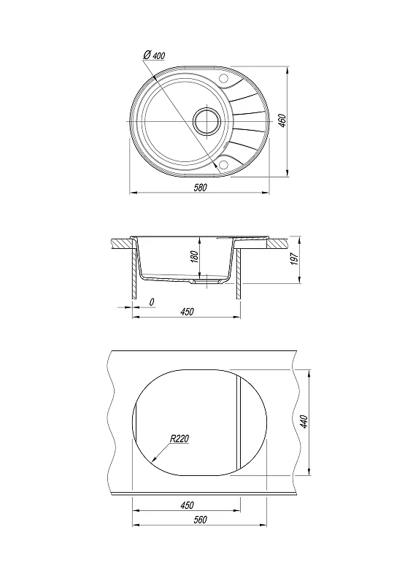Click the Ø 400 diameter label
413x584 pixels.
point(154,55)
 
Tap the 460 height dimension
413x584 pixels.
point(282,121)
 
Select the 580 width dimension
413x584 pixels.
point(200,188)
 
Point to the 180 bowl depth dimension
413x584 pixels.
point(195,258)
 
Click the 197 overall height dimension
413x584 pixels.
point(295,259)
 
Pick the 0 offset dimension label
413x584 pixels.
point(152,302)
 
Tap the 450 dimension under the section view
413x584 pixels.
point(187,312)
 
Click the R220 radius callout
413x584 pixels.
point(180,439)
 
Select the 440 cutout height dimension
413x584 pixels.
point(304,422)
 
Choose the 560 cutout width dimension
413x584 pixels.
point(200,520)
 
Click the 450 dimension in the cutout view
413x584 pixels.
point(187,505)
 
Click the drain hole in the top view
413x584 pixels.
point(206,121)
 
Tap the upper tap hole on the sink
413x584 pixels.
point(224,79)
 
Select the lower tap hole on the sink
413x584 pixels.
point(224,165)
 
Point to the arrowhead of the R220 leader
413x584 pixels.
point(153,461)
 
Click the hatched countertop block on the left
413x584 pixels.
point(123,244)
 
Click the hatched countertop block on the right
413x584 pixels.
point(277,244)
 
